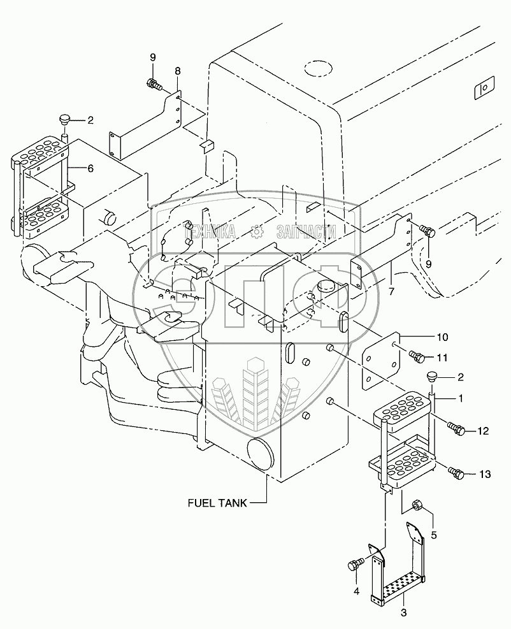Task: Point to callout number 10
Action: pyautogui.click(x=442, y=336)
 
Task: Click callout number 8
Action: pyautogui.click(x=178, y=72)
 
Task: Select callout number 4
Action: pyautogui.click(x=356, y=591)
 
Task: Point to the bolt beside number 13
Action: pyautogui.click(x=456, y=473)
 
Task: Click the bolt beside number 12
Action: pyautogui.click(x=456, y=430)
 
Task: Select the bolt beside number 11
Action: pyautogui.click(x=417, y=356)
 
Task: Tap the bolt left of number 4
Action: pyautogui.click(x=354, y=565)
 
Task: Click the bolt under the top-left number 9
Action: pyautogui.click(x=153, y=83)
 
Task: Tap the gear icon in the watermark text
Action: pyautogui.click(x=257, y=233)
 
